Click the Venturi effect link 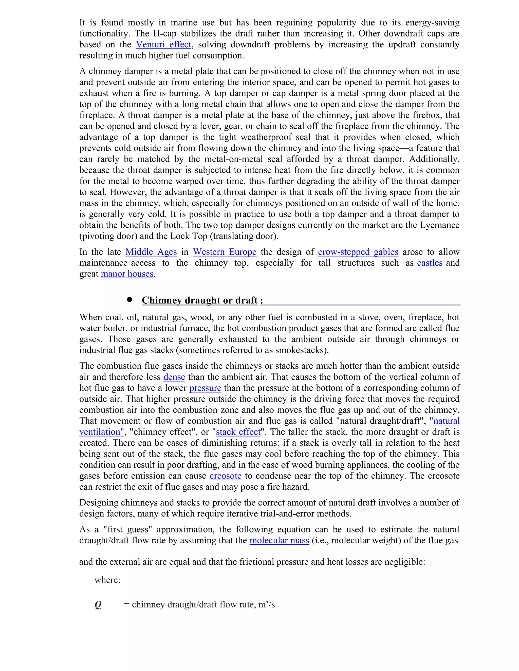click(163, 45)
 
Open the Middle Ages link click(151, 252)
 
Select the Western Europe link click(225, 252)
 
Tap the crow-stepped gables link click(358, 252)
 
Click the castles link click(430, 263)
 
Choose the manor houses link click(127, 274)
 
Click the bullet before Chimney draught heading click(129, 300)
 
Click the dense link click(174, 377)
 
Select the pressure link click(205, 388)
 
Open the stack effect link click(238, 432)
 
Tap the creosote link click(225, 476)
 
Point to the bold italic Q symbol click(98, 605)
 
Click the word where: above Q click(107, 580)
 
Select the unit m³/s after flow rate click(266, 604)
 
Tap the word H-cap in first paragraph click(164, 33)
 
